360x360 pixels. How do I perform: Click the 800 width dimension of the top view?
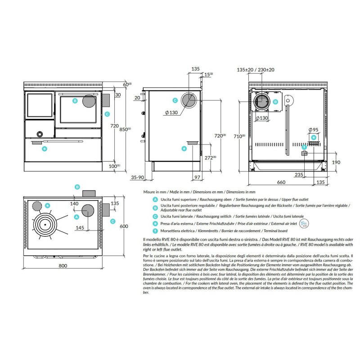(x=63, y=266)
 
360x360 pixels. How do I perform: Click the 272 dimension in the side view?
(x=208, y=158)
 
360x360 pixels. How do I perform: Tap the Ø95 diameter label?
(x=314, y=130)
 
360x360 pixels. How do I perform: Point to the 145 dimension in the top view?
(x=80, y=228)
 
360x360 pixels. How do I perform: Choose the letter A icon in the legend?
(x=155, y=198)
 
